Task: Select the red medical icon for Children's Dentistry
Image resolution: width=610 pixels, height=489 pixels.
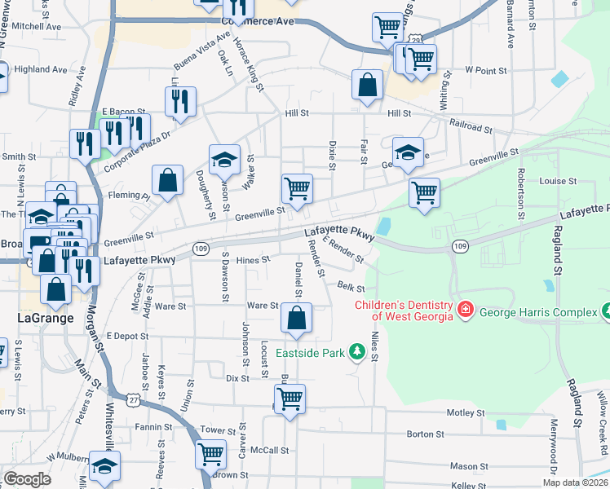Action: tap(465, 310)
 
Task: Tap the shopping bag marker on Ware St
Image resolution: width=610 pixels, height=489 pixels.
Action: tap(297, 320)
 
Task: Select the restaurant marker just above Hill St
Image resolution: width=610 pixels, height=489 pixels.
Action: tap(179, 101)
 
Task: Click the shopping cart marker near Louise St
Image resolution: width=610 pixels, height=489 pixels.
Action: tap(424, 194)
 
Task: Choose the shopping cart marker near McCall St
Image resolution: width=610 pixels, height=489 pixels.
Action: tap(211, 454)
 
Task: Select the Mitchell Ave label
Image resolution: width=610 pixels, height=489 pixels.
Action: tap(37, 26)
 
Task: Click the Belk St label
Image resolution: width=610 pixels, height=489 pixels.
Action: tap(351, 286)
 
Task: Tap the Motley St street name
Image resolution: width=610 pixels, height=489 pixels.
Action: tap(466, 412)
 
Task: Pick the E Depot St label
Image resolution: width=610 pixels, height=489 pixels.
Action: tap(126, 336)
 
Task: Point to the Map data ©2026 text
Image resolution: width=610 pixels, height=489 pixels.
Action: tap(576, 482)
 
